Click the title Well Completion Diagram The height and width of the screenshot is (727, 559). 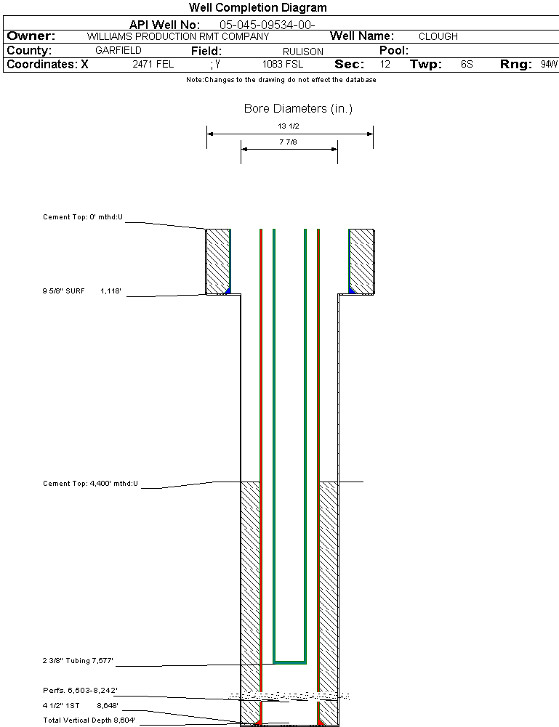258,8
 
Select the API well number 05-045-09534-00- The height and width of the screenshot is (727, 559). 267,25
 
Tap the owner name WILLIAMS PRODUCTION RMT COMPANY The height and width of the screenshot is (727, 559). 178,36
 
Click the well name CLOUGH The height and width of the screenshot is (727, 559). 438,36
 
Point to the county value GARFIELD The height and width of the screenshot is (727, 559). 118,51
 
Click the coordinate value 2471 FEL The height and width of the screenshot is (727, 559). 153,65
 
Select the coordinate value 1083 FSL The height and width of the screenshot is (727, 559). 283,65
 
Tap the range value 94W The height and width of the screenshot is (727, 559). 549,65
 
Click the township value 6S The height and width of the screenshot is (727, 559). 467,65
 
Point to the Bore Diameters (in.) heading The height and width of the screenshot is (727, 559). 298,109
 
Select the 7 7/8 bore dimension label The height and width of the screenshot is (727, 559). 289,142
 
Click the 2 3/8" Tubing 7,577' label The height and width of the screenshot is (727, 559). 78,661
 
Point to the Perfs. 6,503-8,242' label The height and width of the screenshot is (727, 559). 80,690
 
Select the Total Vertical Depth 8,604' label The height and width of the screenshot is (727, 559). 89,720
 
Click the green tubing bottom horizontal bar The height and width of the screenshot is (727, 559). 289,662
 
